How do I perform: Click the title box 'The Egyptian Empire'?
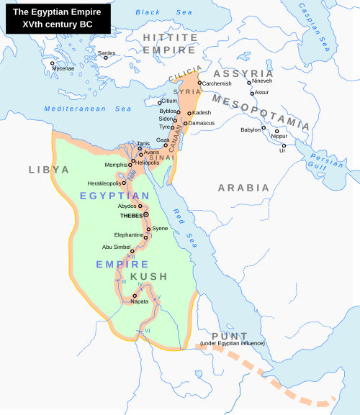point(56,18)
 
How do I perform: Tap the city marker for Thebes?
point(145,214)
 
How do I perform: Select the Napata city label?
point(139,301)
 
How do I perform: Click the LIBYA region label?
point(49,170)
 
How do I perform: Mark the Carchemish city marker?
point(199,84)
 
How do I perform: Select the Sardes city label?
point(107,53)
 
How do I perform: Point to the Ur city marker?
point(284,146)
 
